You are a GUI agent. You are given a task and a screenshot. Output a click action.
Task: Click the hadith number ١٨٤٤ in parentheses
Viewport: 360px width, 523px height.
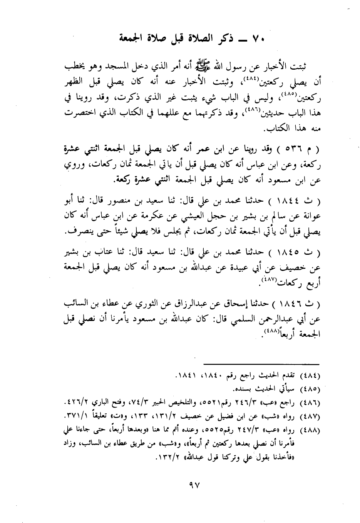300,201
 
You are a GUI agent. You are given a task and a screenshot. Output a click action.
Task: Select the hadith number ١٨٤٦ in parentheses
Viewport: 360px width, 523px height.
300,304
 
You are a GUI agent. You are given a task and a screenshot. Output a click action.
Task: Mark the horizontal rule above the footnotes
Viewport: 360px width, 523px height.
261,364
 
